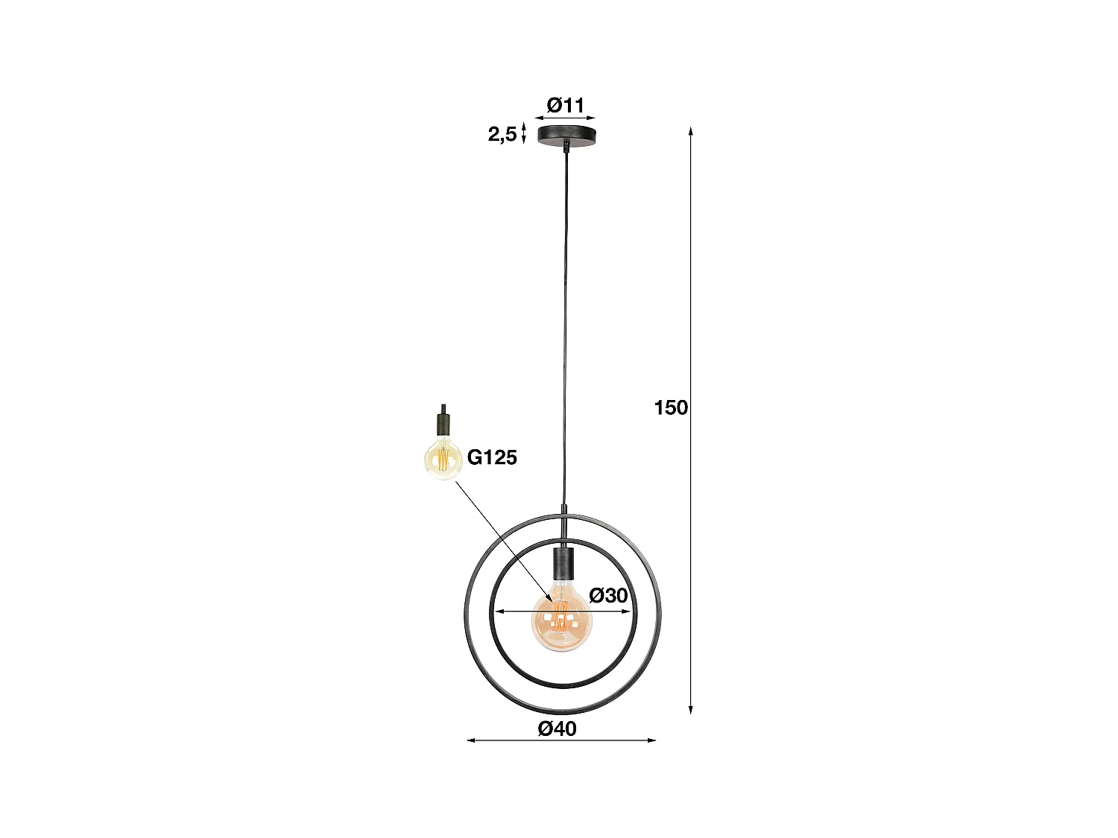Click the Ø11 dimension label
point(566,105)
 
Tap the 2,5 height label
point(502,134)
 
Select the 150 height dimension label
point(671,407)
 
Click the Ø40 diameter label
point(558,729)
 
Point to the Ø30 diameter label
point(608,595)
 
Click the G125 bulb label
point(492,457)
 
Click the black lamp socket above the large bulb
point(562,563)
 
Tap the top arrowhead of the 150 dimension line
point(691,132)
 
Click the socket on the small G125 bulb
point(443,425)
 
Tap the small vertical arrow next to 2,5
point(525,134)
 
